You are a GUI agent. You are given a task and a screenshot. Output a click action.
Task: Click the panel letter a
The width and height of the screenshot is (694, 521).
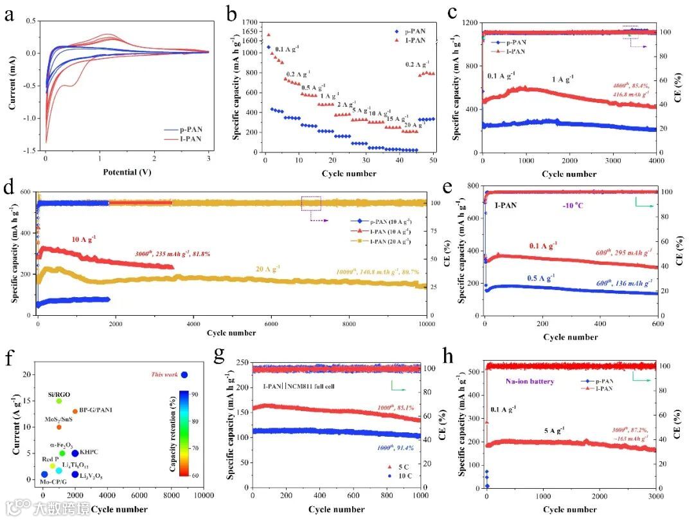point(10,15)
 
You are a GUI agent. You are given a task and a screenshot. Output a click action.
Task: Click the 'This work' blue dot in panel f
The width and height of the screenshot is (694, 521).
point(184,374)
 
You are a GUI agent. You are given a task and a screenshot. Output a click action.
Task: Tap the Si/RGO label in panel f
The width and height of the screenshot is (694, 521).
point(58,394)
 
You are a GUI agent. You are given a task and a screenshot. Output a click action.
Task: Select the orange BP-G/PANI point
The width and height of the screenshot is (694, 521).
point(75,411)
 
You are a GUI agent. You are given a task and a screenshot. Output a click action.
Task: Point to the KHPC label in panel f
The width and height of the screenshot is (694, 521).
point(89,453)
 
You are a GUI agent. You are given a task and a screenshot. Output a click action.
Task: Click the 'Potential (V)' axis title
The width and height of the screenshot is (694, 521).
point(127,173)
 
